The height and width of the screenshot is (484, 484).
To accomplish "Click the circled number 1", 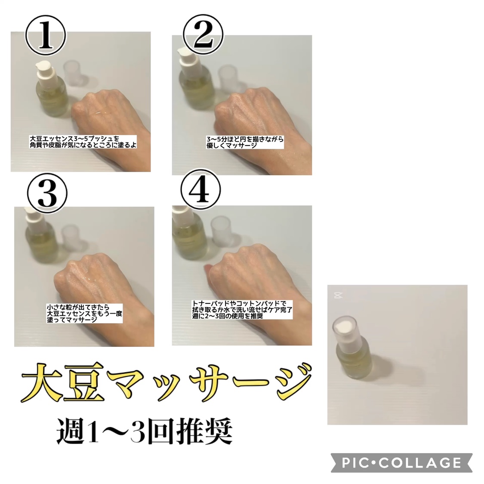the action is coord(46,36).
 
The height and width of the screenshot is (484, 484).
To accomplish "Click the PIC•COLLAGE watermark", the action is coord(401,462).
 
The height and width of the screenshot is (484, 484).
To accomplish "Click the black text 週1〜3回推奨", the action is coord(145,431).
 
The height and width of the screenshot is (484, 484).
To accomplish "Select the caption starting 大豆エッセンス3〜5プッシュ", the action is coord(83,142).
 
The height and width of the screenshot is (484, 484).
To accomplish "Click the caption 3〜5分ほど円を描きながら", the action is coord(245,142).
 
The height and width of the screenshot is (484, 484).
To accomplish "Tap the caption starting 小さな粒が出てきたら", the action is coord(84,313).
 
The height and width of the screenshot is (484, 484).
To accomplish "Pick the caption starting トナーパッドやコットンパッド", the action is coord(242,309).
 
